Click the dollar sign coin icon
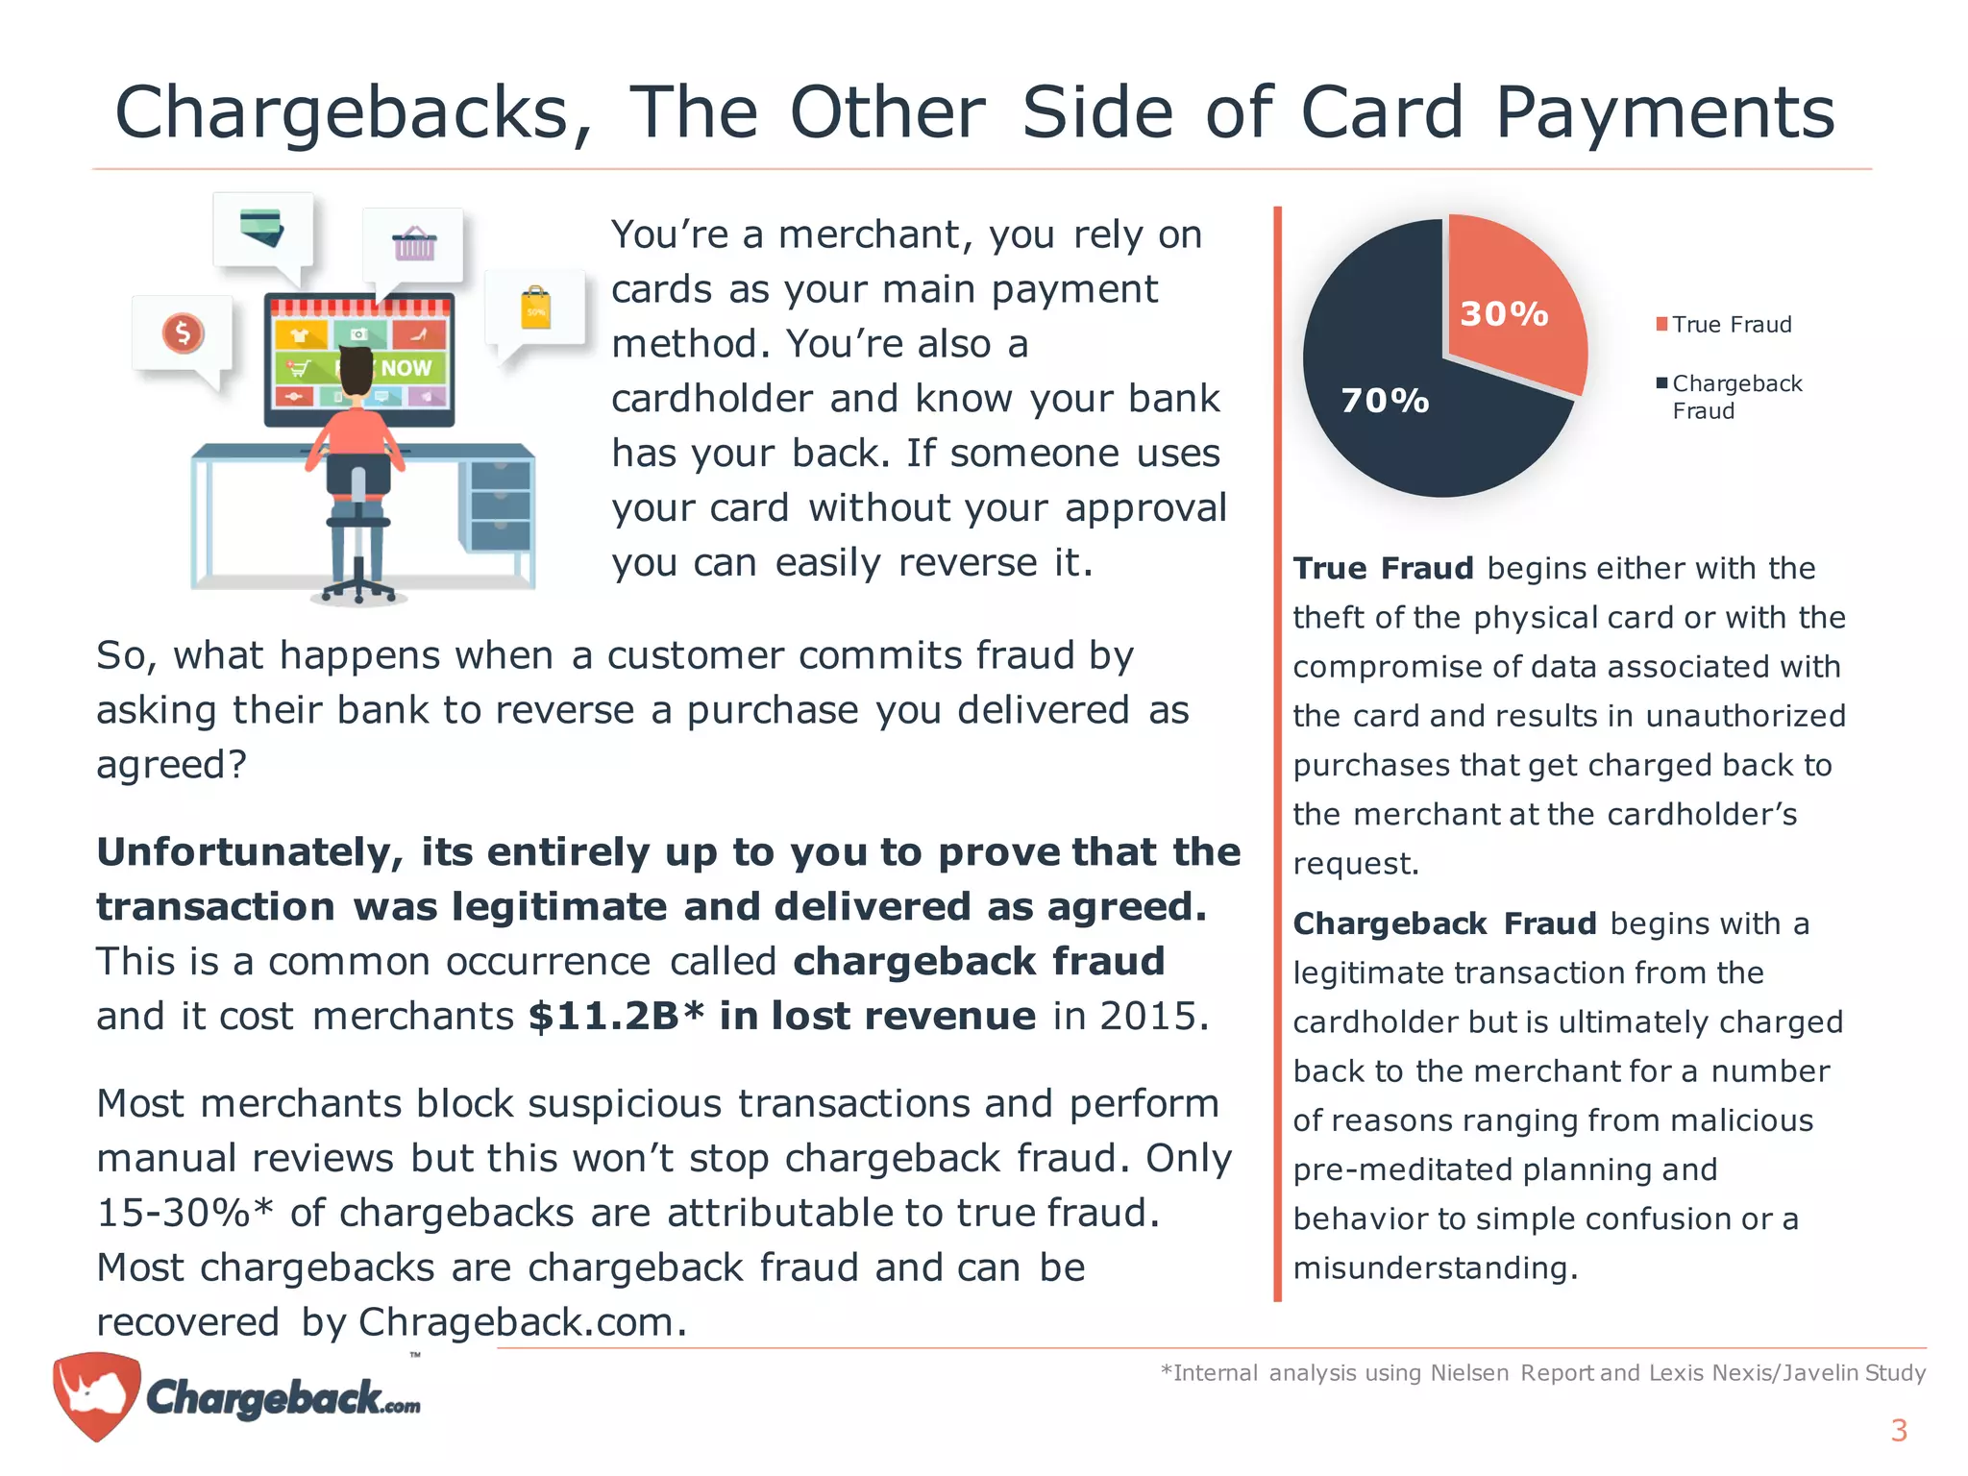click(x=183, y=333)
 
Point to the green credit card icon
click(x=261, y=227)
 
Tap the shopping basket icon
click(x=414, y=244)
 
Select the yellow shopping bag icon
click(x=535, y=308)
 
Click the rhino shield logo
click(x=96, y=1394)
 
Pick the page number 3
click(x=1898, y=1430)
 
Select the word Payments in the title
click(x=1664, y=113)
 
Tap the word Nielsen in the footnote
click(x=1469, y=1372)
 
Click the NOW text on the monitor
click(x=406, y=368)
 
